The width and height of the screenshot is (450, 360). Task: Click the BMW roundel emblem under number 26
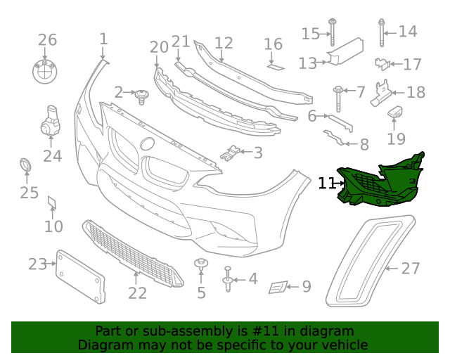46,70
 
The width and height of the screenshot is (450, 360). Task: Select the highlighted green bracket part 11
380,184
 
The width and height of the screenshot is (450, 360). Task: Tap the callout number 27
410,268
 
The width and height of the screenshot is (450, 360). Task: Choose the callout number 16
273,45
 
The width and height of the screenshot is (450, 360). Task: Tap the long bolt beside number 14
381,32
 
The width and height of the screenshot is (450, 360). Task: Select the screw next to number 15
332,34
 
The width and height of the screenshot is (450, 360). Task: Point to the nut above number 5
201,265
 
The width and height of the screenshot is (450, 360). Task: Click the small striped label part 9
279,287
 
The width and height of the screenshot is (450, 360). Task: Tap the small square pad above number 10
51,203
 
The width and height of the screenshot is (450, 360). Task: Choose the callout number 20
159,47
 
